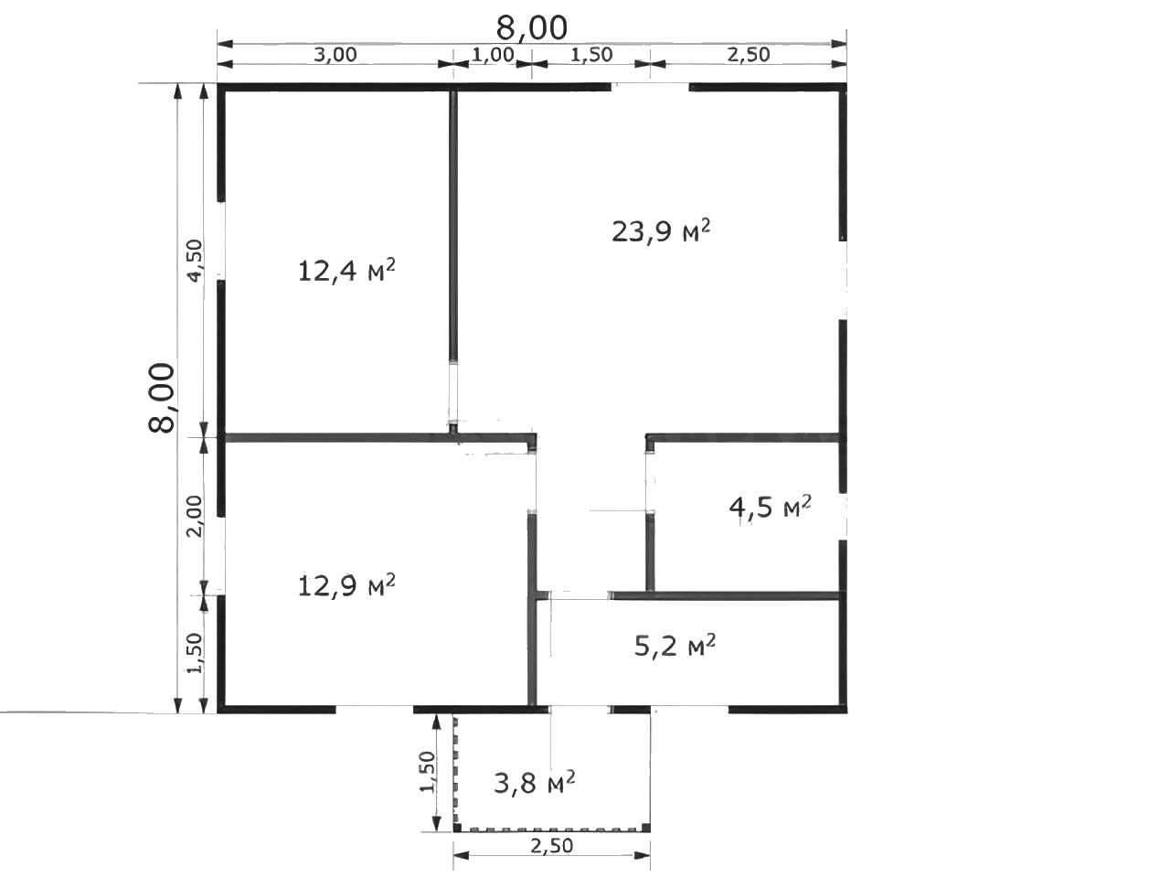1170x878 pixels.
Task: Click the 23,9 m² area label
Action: tap(661, 230)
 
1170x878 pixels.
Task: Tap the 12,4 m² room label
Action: tap(346, 271)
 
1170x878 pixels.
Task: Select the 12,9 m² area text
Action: tap(346, 586)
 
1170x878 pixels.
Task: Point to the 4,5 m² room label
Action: tap(771, 507)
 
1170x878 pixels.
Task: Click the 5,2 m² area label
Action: tap(675, 646)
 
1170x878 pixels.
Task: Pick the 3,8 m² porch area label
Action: tap(534, 783)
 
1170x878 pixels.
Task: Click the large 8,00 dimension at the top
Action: tap(531, 27)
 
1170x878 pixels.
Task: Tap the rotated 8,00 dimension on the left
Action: tap(162, 398)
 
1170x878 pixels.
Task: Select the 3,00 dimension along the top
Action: tap(335, 54)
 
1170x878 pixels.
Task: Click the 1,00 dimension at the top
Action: tap(493, 54)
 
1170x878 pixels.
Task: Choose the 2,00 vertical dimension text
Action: tap(195, 516)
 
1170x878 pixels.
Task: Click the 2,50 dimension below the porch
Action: tap(551, 845)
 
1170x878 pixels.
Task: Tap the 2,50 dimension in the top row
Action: tap(749, 54)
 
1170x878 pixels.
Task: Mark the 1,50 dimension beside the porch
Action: tap(428, 772)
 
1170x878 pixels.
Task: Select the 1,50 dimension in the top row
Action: tap(591, 54)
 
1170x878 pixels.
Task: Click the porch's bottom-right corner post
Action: tap(645, 827)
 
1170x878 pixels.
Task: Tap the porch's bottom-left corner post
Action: tap(457, 827)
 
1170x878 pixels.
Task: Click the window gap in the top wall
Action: tap(650, 87)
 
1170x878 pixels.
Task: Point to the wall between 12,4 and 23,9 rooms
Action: tap(453, 224)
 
